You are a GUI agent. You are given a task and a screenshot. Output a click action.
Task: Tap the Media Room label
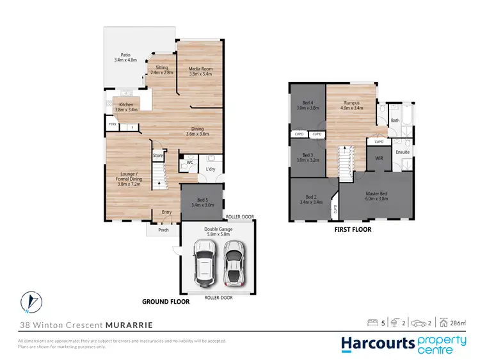tap(200, 70)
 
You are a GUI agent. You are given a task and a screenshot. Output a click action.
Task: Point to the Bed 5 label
tap(202, 202)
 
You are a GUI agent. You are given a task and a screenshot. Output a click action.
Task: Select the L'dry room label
tap(210, 168)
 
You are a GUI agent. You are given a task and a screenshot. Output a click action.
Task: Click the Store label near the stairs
tap(158, 155)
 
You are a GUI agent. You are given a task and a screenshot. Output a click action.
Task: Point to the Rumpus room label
tap(351, 105)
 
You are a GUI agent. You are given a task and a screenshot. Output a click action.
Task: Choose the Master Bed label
tap(376, 195)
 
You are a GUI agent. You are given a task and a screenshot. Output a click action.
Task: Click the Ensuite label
tap(403, 152)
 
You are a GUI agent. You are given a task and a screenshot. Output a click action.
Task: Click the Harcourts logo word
tap(378, 343)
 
